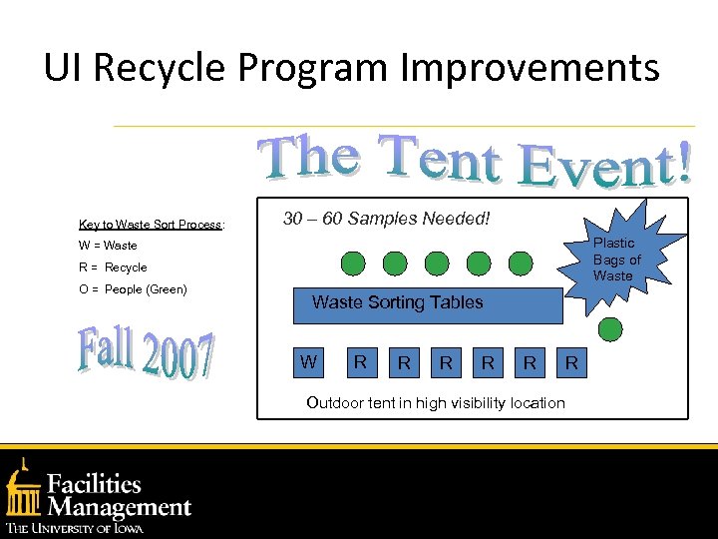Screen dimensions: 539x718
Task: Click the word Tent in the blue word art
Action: pos(440,163)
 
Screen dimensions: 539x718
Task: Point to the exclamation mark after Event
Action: pos(681,164)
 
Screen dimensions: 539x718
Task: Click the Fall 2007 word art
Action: pos(146,354)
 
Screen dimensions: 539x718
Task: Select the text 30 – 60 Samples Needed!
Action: pos(386,218)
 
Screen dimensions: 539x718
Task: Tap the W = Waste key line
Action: pos(108,246)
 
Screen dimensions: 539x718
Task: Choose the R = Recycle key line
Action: pos(113,268)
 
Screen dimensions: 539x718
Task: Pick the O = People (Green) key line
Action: pos(133,289)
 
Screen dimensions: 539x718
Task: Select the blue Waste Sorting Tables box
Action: pos(427,303)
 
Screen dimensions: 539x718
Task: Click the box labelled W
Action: pos(310,362)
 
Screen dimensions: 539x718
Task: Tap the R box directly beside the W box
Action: pos(361,362)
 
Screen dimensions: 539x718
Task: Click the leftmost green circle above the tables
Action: pos(354,264)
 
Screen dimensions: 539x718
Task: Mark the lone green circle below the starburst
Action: pos(610,329)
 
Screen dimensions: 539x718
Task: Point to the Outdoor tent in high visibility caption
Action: pos(436,403)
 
